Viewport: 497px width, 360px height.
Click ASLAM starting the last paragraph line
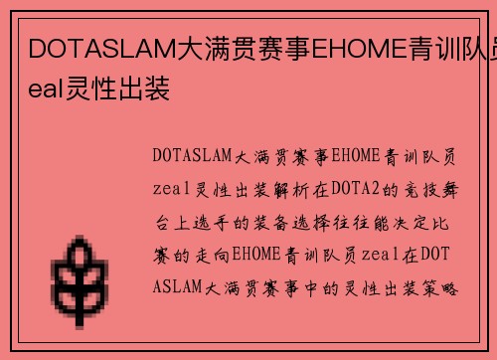[180, 287]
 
